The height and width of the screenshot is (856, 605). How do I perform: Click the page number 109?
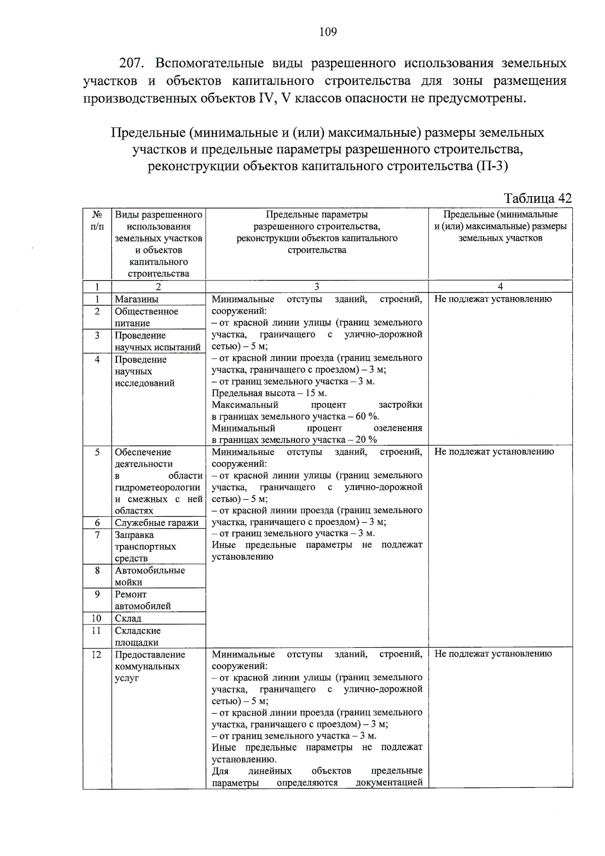pos(328,32)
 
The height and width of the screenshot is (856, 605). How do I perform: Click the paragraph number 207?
pos(132,64)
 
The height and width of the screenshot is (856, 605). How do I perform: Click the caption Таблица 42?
pos(537,198)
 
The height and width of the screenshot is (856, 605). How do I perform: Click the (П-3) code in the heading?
pos(491,166)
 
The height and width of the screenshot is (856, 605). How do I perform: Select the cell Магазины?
pos(136,299)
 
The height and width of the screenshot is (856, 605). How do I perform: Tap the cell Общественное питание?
pos(146,317)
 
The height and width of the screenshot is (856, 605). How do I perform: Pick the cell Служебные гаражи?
pos(156,523)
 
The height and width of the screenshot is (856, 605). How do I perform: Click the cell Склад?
pos(128,618)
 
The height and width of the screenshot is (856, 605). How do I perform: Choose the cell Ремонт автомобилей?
pos(143,600)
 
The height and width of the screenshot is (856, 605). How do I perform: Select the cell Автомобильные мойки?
pos(150,576)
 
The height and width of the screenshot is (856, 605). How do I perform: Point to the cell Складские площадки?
pos(138,637)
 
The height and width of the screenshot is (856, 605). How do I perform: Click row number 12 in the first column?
pos(97,655)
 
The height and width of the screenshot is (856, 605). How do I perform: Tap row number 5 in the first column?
pos(97,452)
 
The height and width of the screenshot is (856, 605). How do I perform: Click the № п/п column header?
pos(97,220)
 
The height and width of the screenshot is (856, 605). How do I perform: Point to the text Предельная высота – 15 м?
pos(269,393)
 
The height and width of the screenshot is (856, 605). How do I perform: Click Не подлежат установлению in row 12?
pos(493,654)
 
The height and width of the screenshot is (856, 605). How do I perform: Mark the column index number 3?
pos(317,287)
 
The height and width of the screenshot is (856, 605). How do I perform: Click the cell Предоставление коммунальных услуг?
pos(150,666)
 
